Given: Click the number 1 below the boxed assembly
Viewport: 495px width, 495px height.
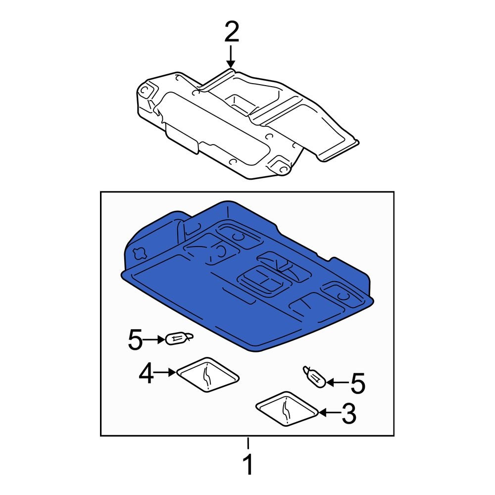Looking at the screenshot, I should (x=248, y=465).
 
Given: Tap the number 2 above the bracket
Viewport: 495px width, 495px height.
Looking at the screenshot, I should (x=231, y=33).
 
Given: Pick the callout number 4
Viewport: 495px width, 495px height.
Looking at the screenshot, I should (x=146, y=374).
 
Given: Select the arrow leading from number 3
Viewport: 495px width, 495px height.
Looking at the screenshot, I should (x=328, y=412).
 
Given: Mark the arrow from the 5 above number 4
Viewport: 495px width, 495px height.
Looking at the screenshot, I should (x=155, y=340).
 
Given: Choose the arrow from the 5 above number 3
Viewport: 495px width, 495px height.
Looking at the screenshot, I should (x=336, y=382).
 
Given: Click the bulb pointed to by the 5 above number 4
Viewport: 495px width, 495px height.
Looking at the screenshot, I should (x=179, y=339).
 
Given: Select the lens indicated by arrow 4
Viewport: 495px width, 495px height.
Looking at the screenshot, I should (x=207, y=375).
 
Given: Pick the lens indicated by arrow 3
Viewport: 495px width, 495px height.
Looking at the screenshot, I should (x=287, y=409).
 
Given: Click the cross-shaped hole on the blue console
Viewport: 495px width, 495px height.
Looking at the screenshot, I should (x=139, y=252).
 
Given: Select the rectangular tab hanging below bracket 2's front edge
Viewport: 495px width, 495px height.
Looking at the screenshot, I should (x=181, y=137).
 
